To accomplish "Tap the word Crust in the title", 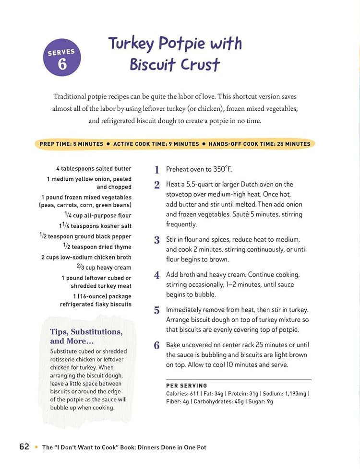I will coord(196,64).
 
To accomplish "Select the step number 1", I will coord(156,170).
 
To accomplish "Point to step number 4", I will coord(156,275).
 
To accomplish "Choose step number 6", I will coord(156,345).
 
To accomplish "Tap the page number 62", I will coord(24,446).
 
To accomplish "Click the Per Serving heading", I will coord(187,386).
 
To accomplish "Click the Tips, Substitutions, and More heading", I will coord(86,336).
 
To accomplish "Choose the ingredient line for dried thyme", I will coord(97,246).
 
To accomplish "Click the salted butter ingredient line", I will coord(94,169).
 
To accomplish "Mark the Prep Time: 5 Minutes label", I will coord(72,144).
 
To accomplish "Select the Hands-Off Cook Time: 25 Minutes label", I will coord(259,144).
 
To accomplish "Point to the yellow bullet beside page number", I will coord(36,447).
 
